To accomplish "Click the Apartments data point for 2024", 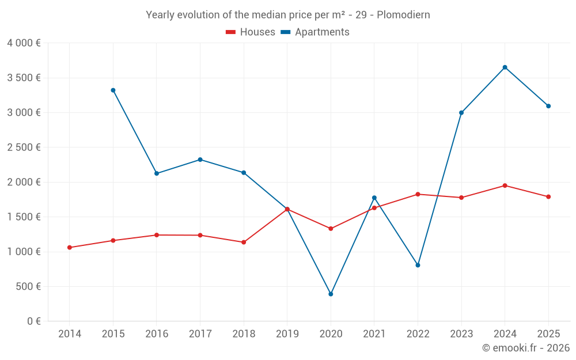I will [505, 67].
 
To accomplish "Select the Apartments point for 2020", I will [331, 294].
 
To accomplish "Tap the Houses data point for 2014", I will [70, 248].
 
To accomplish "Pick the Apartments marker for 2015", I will [113, 90].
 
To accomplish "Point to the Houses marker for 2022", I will [418, 194].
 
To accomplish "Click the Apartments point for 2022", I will [418, 265].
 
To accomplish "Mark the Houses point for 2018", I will [244, 242].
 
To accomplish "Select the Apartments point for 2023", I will [461, 113].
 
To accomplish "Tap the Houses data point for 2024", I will [505, 185].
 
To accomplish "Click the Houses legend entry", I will [251, 32].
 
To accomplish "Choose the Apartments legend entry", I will [315, 32].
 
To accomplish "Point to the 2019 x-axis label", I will [287, 334].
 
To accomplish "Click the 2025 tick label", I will [548, 334].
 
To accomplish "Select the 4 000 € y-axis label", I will [24, 43].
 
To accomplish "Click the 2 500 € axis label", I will [24, 147].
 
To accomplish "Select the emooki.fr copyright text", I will [526, 348].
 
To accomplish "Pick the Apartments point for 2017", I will [200, 160].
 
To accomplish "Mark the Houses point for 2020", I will [331, 229].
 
